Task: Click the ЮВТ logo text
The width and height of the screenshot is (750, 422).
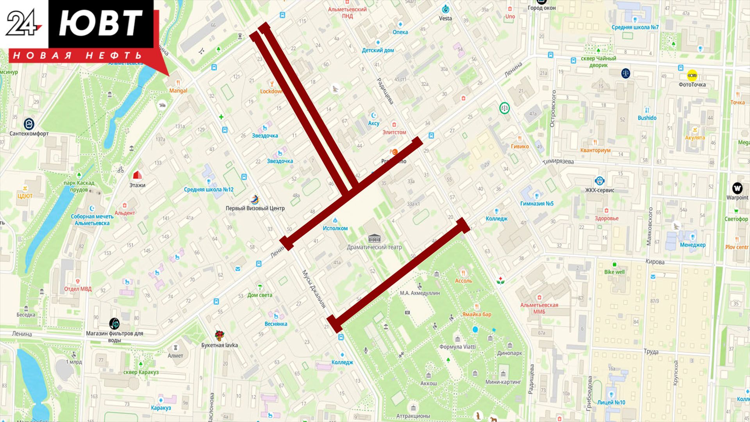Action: coord(100,24)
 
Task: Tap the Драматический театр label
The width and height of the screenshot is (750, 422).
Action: coord(374,247)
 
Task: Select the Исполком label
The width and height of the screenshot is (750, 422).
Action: coord(335,228)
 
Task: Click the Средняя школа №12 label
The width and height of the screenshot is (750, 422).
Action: coord(209,190)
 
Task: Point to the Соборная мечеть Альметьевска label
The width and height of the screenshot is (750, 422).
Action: coord(92,220)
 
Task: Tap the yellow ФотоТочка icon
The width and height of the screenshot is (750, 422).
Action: coord(692,75)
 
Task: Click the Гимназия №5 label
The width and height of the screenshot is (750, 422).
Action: coord(537,204)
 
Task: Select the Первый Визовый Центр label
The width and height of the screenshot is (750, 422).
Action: coord(255,208)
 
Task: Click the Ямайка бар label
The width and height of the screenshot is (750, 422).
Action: coord(477,314)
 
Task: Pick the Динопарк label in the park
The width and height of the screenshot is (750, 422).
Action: coord(509,353)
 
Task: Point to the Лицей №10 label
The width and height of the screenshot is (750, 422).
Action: coord(611,402)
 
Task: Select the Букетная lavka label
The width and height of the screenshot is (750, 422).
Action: coord(219,345)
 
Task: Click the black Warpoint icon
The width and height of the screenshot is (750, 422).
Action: coord(737,188)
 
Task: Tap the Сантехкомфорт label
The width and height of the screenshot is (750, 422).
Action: coord(29,134)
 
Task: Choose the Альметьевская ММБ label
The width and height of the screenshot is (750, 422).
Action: coord(539,308)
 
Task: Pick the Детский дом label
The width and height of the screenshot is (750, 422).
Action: coord(378,50)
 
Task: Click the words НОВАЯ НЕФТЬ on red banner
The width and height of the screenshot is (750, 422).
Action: coord(77,56)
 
